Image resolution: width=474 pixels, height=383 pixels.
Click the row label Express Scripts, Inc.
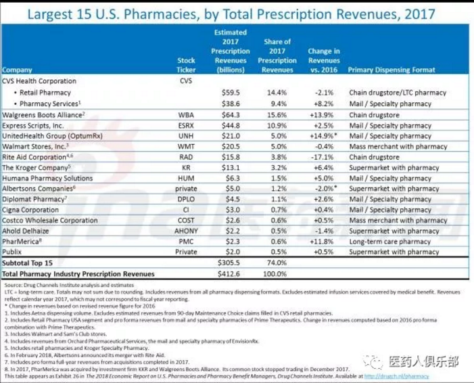[33, 125]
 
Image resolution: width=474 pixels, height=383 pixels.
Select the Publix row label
[13, 252]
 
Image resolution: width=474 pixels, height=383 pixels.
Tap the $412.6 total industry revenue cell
[224, 273]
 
